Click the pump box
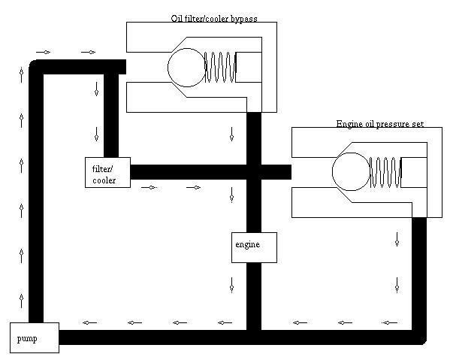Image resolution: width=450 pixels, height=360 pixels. point(35,337)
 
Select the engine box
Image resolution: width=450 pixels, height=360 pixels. point(254,247)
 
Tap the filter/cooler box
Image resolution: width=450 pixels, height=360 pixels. point(107,172)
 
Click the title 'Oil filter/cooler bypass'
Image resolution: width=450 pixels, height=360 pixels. point(214,19)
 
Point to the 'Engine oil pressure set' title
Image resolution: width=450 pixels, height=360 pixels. point(380,124)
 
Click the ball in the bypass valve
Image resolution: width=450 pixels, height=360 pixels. point(186,68)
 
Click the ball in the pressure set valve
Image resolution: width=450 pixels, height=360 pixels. point(351,171)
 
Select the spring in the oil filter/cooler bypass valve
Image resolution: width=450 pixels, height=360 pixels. point(220,67)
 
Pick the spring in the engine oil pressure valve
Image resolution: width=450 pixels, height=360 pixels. point(385,172)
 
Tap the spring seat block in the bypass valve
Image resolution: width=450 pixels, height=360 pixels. point(249,67)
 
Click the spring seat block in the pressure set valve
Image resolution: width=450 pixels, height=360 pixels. point(414,172)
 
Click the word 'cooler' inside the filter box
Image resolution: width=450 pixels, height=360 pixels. point(104,180)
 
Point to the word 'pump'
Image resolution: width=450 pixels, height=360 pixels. point(27,339)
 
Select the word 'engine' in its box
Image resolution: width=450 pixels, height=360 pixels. point(247,244)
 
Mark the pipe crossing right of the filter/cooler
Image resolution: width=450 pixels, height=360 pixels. point(254,172)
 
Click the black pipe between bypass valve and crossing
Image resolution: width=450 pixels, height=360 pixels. point(254,138)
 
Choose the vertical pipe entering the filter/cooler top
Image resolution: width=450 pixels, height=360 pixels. point(111,116)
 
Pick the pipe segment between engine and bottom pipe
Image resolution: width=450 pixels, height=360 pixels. point(254,296)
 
